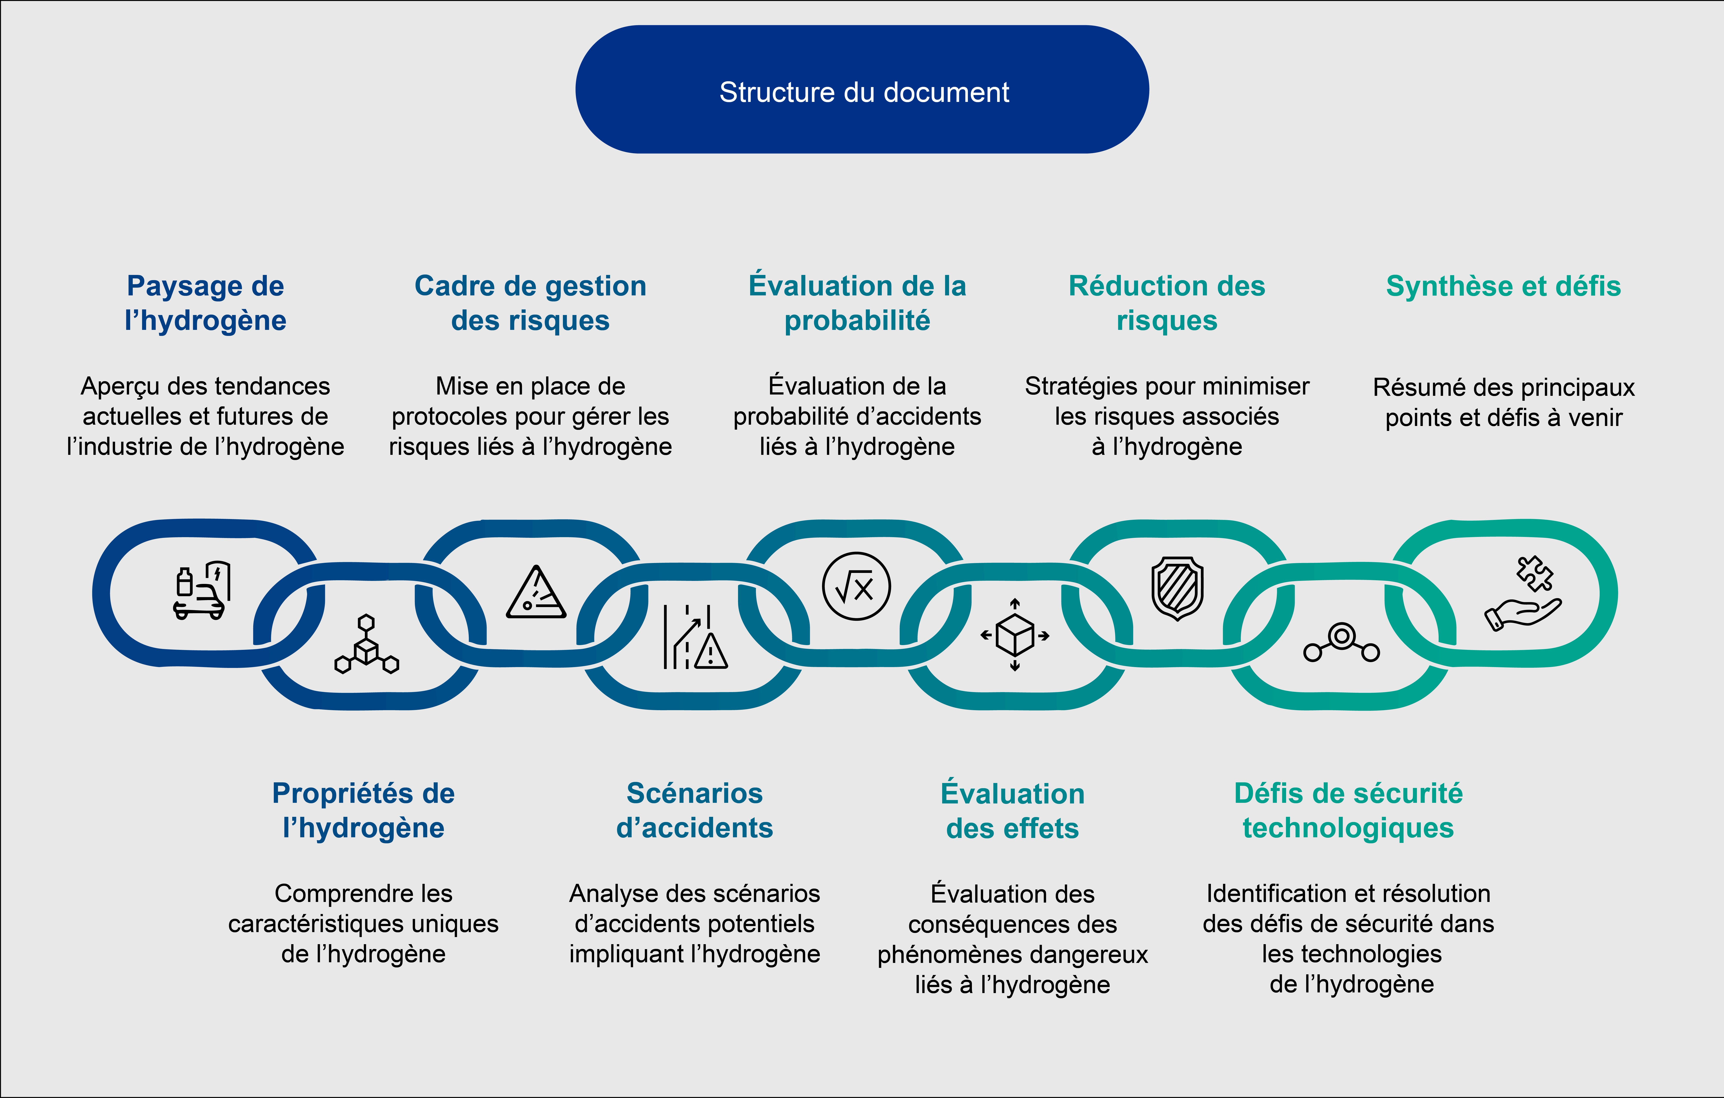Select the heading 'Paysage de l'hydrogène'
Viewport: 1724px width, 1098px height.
205,303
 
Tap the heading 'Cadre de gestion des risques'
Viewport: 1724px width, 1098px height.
531,303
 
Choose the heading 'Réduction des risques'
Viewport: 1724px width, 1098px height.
1167,303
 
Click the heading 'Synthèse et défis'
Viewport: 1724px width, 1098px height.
1504,286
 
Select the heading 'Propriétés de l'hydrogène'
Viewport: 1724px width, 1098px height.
364,810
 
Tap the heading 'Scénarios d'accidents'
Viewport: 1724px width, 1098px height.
695,810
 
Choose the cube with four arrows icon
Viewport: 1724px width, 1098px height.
1015,635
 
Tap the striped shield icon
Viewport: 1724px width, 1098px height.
1177,588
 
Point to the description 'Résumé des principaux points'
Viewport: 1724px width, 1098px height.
1504,402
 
